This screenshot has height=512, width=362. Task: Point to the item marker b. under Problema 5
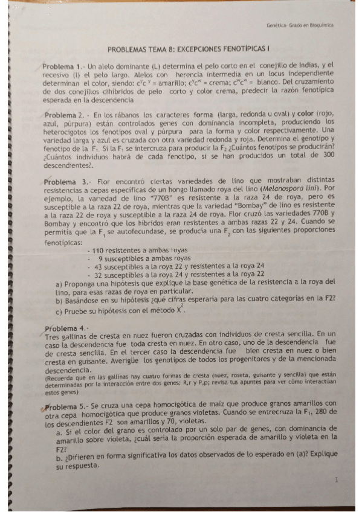point(59,458)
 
